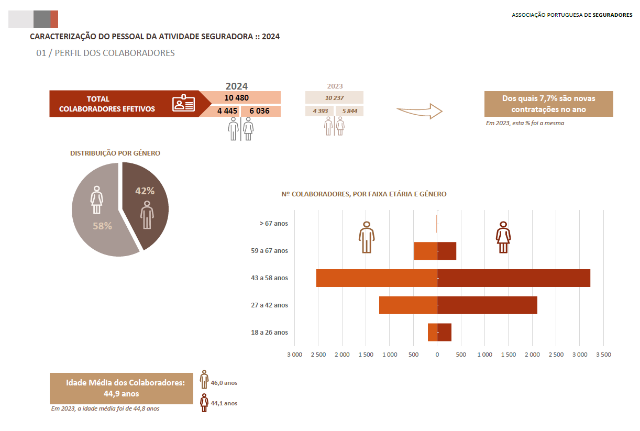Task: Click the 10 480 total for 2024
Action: pyautogui.click(x=236, y=98)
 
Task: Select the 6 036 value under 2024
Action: pyautogui.click(x=259, y=111)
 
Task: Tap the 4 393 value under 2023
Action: pyautogui.click(x=321, y=111)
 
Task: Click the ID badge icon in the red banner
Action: pyautogui.click(x=183, y=103)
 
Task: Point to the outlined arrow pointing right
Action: pyautogui.click(x=420, y=111)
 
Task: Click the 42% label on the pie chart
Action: pyautogui.click(x=145, y=191)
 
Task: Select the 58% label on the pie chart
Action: pyautogui.click(x=102, y=226)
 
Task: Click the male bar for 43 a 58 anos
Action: pyautogui.click(x=377, y=278)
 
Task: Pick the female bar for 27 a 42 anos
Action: pyautogui.click(x=487, y=305)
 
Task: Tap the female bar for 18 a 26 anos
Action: pyautogui.click(x=444, y=332)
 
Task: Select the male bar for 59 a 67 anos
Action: pyautogui.click(x=426, y=251)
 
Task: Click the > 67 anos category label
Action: pyautogui.click(x=274, y=223)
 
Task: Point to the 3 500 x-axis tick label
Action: pyautogui.click(x=603, y=355)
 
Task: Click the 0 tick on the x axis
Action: pyautogui.click(x=437, y=355)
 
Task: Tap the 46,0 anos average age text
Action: pyautogui.click(x=224, y=383)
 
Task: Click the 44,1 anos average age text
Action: pyautogui.click(x=224, y=403)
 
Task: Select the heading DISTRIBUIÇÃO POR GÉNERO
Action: pyautogui.click(x=115, y=153)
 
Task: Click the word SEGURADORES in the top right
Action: pyautogui.click(x=612, y=15)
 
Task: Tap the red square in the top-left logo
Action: pyautogui.click(x=54, y=19)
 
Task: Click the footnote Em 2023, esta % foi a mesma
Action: pyautogui.click(x=525, y=123)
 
